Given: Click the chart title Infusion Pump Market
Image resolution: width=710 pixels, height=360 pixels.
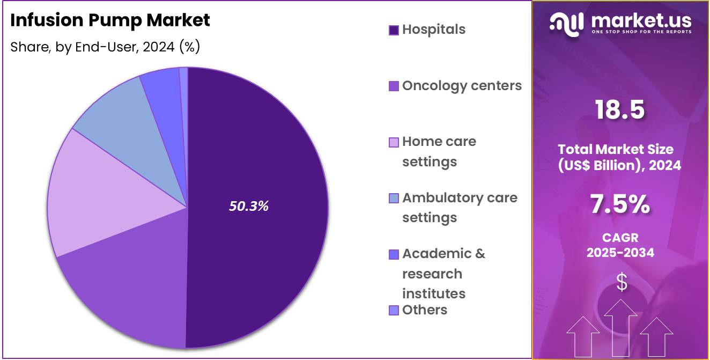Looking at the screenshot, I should pos(110,20).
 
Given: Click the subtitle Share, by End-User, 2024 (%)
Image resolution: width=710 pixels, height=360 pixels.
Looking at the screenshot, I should pos(105,47).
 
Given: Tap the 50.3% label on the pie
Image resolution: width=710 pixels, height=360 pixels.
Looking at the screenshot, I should pos(249,206).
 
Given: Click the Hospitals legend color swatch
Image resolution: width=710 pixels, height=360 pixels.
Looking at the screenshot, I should pos(394,30).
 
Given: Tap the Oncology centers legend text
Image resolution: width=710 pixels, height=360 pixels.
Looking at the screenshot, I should pos(462,86).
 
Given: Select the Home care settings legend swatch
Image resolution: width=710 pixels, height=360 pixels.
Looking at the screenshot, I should pos(394,143).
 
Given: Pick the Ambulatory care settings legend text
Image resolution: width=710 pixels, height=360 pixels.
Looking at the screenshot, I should pos(460,208).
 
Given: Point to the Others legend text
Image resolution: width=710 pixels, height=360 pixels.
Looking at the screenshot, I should pos(424,310).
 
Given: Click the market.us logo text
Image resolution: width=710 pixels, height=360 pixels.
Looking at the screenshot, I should pos(641,21).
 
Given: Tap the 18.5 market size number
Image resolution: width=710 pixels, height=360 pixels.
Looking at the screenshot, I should pos(620,109).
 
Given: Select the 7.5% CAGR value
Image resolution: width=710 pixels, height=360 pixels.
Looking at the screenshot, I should pos(620,204).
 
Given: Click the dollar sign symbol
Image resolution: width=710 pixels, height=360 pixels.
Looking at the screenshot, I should pos(621,282).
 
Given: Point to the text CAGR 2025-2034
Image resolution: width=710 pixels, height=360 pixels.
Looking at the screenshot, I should pos(620,245).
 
